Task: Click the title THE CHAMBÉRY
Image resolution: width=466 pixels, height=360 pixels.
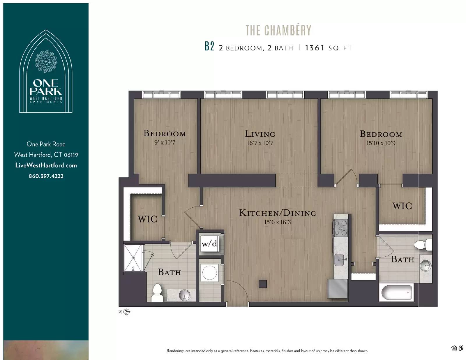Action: (278, 30)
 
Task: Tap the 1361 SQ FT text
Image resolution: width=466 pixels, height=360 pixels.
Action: (329, 48)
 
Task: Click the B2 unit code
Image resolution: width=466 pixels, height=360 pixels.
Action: (209, 47)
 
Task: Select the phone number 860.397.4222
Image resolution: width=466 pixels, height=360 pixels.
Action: (46, 176)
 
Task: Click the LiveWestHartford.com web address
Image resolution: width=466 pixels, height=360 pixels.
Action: (46, 165)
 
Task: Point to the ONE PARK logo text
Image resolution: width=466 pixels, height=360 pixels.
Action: (46, 87)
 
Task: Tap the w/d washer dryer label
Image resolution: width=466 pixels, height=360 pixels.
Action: (209, 243)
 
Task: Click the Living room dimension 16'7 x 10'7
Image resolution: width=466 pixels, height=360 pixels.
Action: (260, 143)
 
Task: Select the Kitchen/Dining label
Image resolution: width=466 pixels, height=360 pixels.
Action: (278, 213)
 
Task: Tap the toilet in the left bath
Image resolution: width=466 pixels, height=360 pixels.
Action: (157, 292)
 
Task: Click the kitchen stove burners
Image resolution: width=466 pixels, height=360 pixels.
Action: (341, 228)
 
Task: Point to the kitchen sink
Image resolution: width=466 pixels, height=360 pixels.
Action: (340, 260)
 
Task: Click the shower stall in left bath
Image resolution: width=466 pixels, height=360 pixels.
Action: (133, 258)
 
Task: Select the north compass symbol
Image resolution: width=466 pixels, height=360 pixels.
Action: (127, 312)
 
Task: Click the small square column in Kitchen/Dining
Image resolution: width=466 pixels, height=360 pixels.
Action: (263, 284)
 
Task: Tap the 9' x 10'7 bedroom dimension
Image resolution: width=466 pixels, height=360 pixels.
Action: (165, 143)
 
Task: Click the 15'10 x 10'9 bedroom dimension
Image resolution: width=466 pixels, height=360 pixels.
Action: (381, 143)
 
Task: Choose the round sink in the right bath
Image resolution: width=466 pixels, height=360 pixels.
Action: (426, 265)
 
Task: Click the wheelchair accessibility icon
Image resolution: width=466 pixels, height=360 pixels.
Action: (461, 348)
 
